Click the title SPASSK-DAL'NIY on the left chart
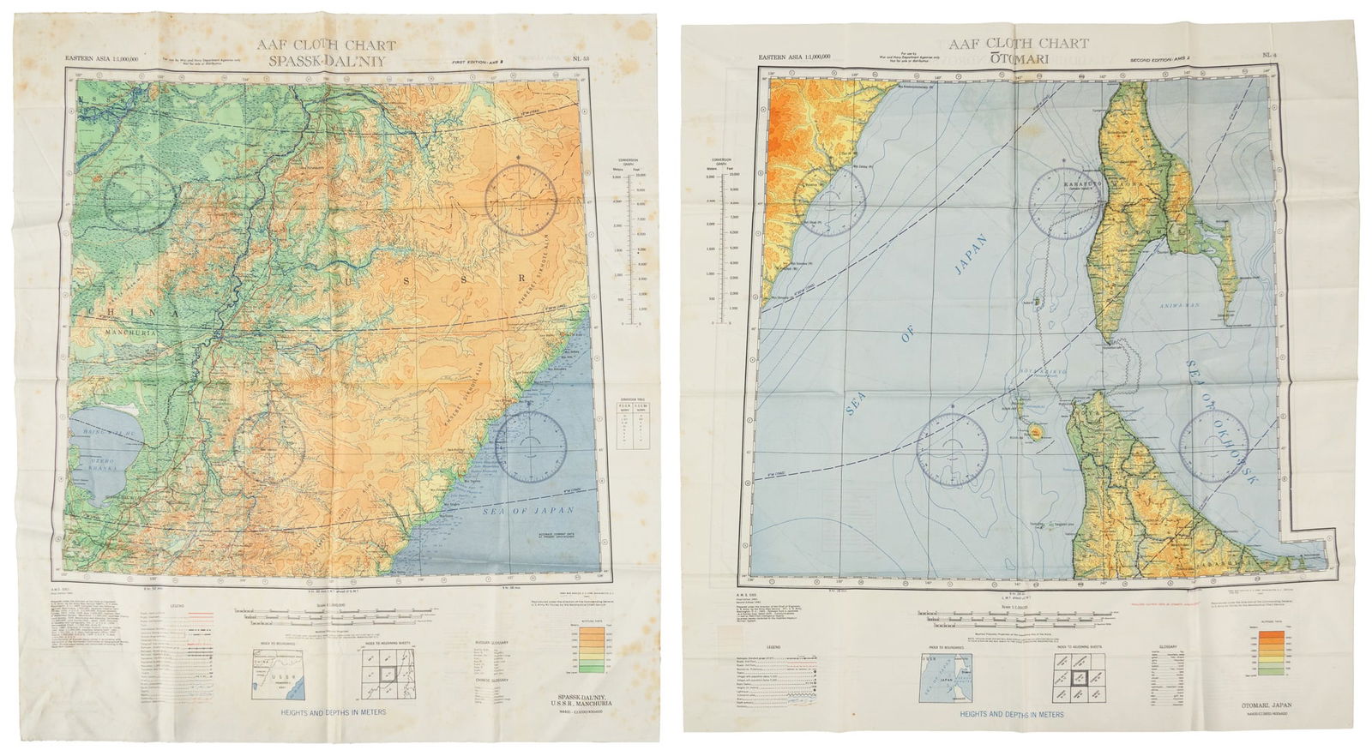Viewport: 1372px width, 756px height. pyautogui.click(x=340, y=61)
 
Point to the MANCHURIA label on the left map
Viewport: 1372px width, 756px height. pyautogui.click(x=125, y=327)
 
